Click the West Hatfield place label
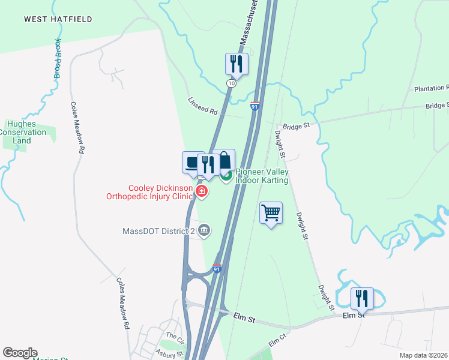58,19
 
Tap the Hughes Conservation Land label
22,132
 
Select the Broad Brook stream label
57,59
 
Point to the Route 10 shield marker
231,83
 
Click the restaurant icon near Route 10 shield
237,64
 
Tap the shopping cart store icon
271,213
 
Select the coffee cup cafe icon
192,162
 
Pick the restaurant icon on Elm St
361,298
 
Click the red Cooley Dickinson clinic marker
202,192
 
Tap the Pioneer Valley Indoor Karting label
262,176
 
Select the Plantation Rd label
431,88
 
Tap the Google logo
19,353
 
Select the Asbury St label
168,354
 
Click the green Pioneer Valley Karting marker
226,176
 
